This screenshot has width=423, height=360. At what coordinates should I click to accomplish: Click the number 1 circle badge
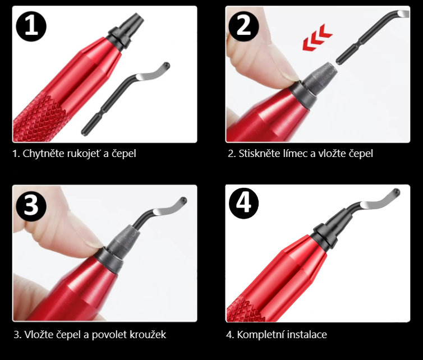click(x=31, y=26)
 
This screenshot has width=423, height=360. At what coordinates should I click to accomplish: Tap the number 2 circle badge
click(x=243, y=26)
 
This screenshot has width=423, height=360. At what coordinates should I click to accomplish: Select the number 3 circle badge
click(x=31, y=206)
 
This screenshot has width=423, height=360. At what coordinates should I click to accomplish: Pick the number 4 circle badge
click(x=243, y=203)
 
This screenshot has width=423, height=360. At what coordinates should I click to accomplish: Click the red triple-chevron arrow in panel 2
click(x=318, y=38)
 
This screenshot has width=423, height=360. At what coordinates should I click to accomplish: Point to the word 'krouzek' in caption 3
click(x=148, y=335)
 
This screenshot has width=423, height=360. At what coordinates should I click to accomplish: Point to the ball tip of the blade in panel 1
click(x=167, y=65)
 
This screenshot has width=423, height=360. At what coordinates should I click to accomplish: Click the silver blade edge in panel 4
click(x=373, y=205)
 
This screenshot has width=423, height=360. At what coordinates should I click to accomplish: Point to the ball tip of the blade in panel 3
click(x=183, y=201)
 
